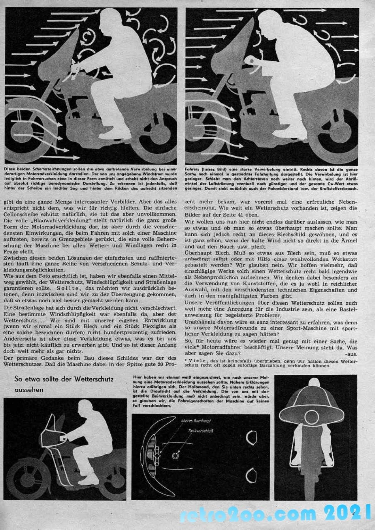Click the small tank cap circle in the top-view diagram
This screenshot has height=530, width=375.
[x=175, y=456]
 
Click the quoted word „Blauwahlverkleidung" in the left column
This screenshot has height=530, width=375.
[x=50, y=220]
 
